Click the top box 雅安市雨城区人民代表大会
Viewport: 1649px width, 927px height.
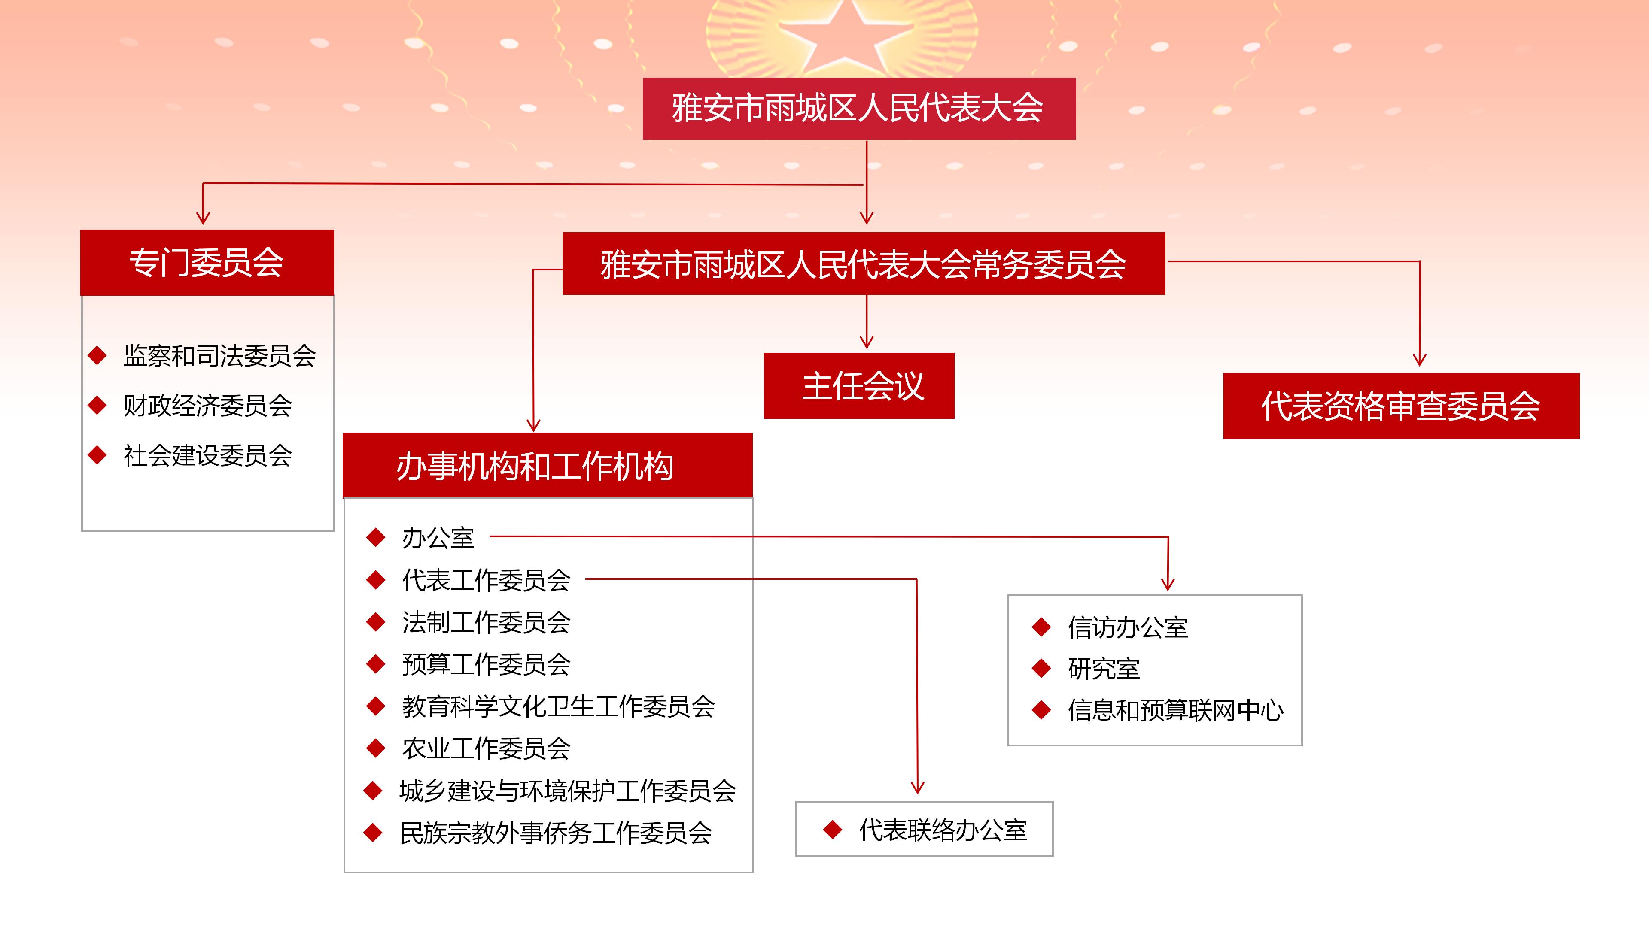pos(859,108)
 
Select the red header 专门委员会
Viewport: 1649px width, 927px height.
pos(207,262)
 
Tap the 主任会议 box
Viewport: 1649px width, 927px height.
pos(859,386)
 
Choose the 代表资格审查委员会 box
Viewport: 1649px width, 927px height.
pos(1401,406)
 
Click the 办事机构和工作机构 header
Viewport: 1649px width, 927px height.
pos(548,465)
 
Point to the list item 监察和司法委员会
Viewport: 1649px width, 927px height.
pos(219,356)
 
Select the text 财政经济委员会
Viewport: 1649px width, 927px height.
pos(207,406)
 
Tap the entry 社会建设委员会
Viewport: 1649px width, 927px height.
pos(207,455)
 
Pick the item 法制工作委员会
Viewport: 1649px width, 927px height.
pos(486,622)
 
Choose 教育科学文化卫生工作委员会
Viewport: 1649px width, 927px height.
pos(558,706)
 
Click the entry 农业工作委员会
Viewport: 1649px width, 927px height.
pos(486,748)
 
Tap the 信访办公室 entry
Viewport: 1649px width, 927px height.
pos(1127,627)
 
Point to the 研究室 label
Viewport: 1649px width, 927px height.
pos(1104,669)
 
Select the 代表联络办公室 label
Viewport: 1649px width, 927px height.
pos(943,830)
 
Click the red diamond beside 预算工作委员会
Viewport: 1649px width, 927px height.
pos(376,664)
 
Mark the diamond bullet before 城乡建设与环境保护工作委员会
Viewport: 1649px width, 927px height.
pos(373,791)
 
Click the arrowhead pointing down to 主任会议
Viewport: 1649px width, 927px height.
pos(867,341)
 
